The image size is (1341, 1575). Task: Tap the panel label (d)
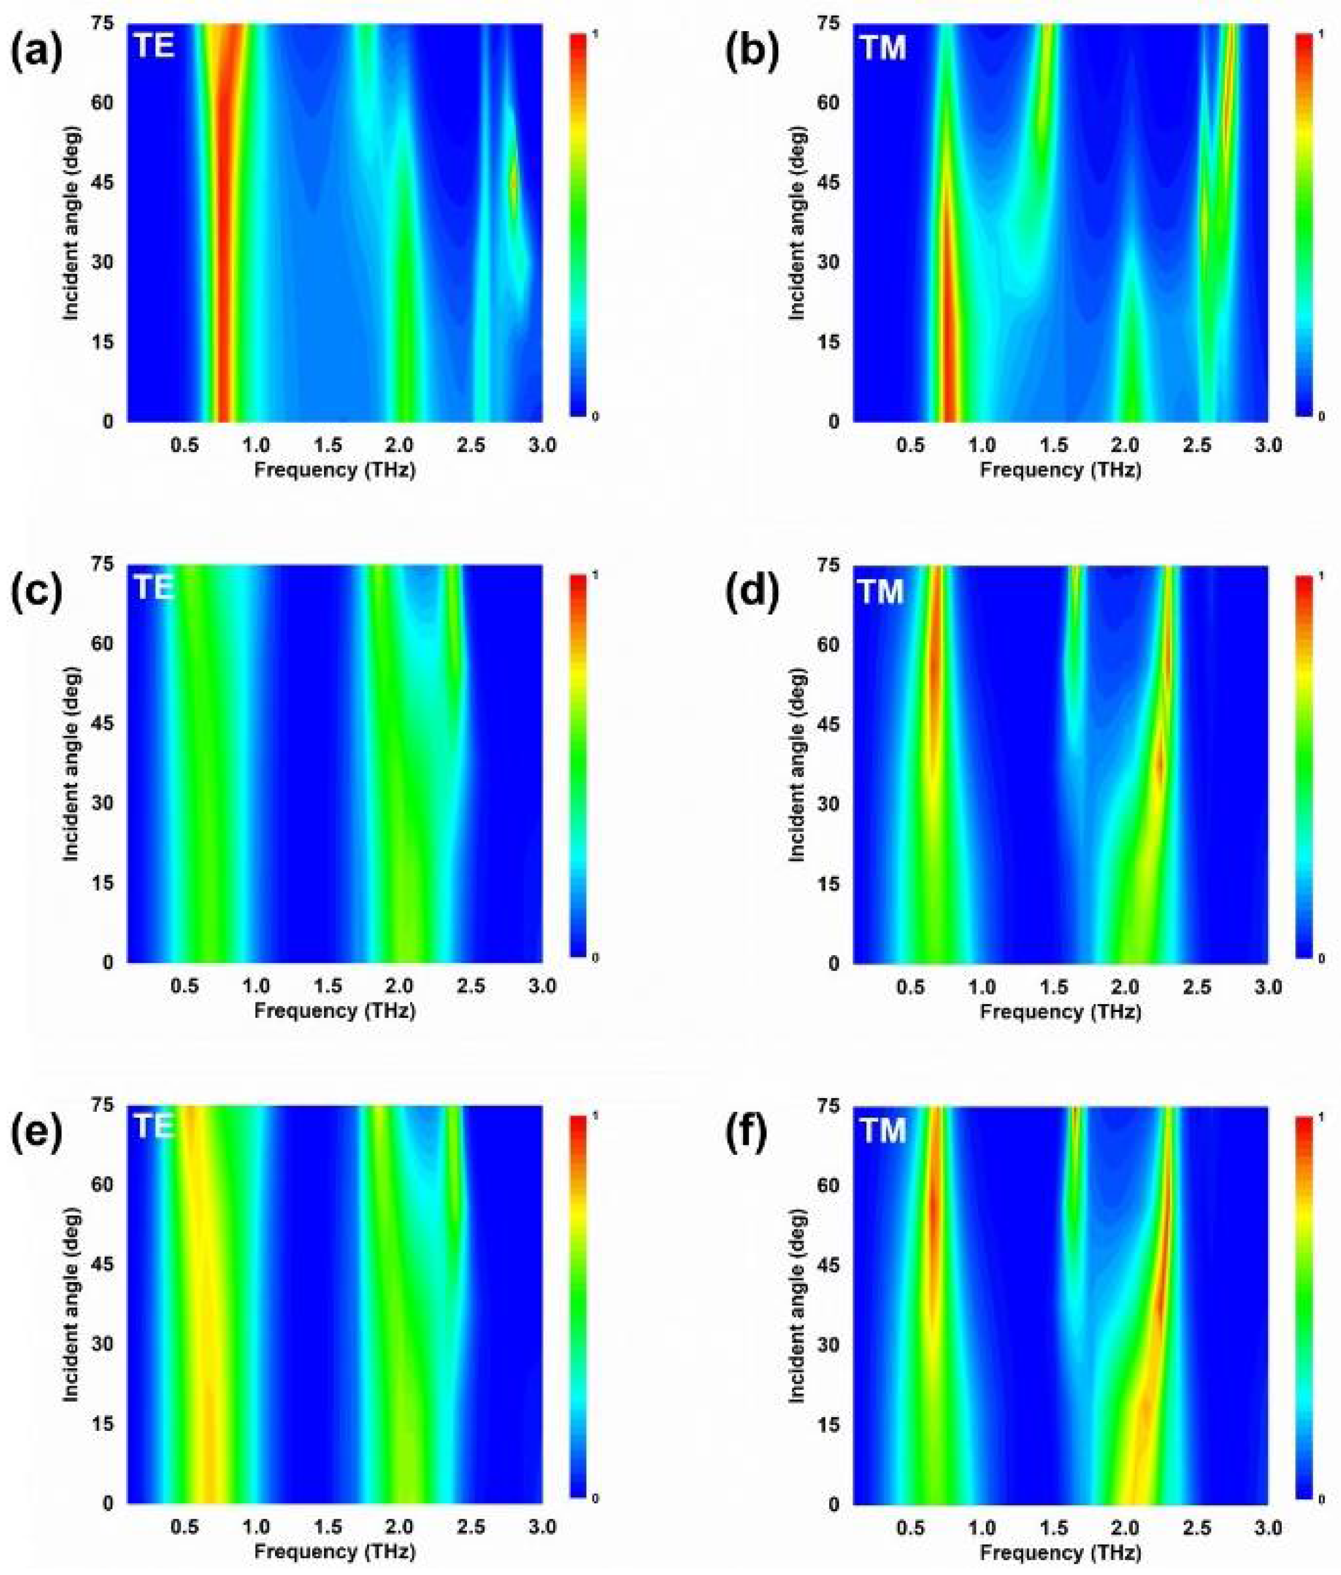[753, 593]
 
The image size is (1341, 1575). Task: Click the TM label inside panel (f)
[882, 1130]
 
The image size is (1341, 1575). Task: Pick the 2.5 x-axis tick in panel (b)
[1196, 445]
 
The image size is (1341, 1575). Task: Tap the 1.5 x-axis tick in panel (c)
[328, 986]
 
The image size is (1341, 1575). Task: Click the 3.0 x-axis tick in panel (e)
[542, 1527]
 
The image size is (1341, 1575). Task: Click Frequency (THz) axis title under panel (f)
[1061, 1552]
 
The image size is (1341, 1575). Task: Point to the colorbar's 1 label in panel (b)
[1322, 36]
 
